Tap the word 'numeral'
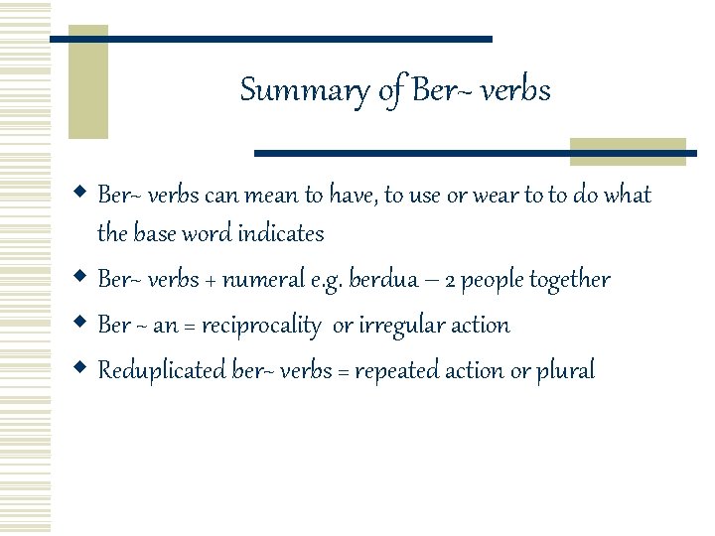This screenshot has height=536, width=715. coord(262,280)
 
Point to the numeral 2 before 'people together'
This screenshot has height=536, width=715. coord(450,281)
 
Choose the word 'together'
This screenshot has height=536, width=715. coord(569,280)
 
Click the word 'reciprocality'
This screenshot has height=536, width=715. coord(260,326)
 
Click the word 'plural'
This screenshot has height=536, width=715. coord(565,371)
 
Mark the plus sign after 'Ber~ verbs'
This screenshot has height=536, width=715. coord(209,281)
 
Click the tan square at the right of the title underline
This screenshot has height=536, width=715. coord(628,151)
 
